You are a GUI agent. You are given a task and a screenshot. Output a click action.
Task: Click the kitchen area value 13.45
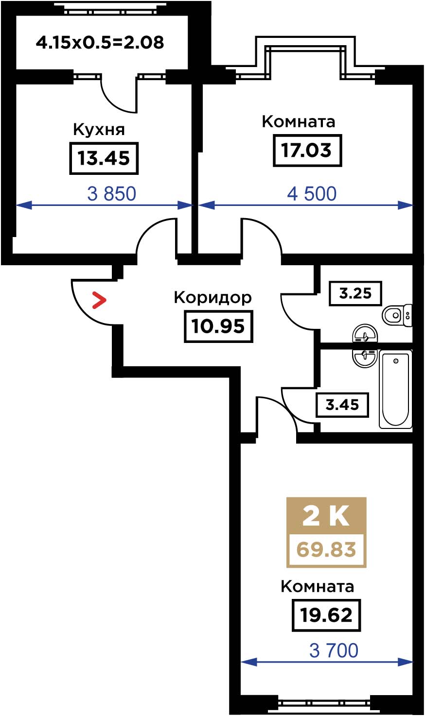click(x=104, y=158)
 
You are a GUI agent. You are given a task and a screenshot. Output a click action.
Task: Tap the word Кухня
click(x=99, y=130)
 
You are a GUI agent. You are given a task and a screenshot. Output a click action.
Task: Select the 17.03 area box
click(x=307, y=151)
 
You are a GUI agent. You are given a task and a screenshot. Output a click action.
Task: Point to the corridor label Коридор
click(x=213, y=298)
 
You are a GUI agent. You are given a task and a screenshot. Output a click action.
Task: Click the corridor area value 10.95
click(x=219, y=326)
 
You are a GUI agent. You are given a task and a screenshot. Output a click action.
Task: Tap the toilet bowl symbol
click(x=397, y=315)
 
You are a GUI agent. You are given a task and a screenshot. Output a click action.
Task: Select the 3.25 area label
click(x=355, y=293)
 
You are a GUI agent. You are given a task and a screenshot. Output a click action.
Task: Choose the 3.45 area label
click(x=342, y=405)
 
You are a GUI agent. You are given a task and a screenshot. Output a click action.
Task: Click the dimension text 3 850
click(x=112, y=194)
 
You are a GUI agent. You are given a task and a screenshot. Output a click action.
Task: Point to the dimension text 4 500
click(x=312, y=194)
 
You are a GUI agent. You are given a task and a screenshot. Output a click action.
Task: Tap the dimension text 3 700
click(x=334, y=650)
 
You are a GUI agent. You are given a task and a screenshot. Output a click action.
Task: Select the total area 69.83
click(x=326, y=549)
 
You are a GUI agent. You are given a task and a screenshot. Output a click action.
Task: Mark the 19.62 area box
click(x=326, y=615)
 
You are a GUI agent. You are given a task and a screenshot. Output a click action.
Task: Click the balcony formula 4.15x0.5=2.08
click(x=100, y=43)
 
